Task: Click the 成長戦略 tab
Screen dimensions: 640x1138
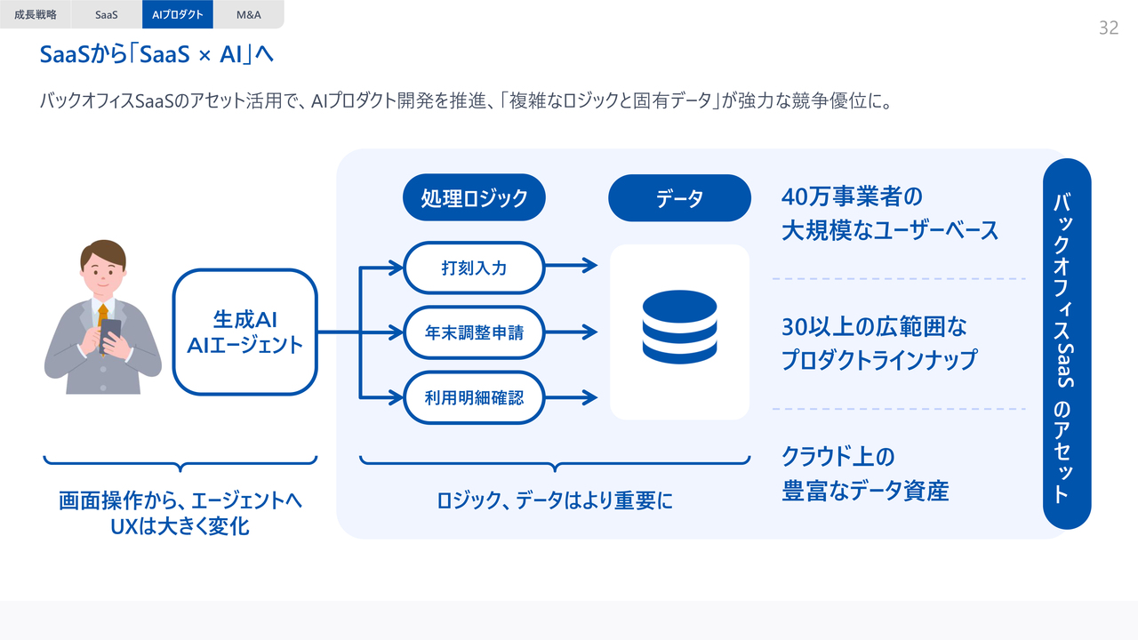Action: [36, 14]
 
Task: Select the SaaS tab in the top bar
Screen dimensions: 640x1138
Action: [107, 14]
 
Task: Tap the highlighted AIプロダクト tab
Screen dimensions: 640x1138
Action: [178, 14]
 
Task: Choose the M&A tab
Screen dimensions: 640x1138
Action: [249, 14]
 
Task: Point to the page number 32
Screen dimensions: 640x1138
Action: [1108, 28]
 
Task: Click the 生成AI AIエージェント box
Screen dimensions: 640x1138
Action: [245, 332]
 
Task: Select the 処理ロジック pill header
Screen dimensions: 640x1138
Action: [474, 197]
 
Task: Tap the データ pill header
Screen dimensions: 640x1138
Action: [679, 197]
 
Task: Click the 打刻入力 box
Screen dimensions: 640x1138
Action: [474, 267]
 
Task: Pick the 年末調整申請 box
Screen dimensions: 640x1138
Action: [474, 332]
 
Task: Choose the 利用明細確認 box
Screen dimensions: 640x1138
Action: [474, 397]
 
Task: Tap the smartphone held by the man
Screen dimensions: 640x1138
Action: [110, 335]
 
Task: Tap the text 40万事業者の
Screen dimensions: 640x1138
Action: [852, 196]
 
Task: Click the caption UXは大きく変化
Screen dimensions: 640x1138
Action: [180, 526]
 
